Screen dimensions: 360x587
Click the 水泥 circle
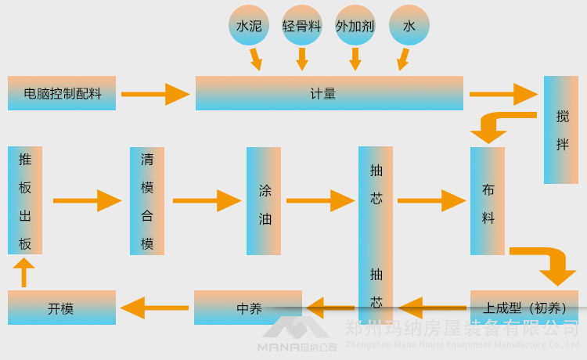point(249,26)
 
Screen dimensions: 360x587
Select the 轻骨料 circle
point(302,26)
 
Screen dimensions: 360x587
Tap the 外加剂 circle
point(355,26)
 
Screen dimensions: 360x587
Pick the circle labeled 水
point(409,26)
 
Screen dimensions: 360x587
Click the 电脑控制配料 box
point(62,93)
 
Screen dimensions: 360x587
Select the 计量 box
point(329,93)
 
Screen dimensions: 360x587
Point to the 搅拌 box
point(561,130)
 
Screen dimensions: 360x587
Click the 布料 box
point(488,201)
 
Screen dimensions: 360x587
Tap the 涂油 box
point(264,201)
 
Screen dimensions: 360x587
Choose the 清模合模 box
point(147,201)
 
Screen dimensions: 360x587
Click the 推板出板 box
point(25,200)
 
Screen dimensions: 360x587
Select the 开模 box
point(62,308)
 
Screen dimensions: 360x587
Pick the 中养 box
point(247,308)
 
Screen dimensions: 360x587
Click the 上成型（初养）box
point(524,308)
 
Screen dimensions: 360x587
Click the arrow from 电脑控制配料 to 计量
point(155,94)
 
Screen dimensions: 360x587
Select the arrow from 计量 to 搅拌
point(503,94)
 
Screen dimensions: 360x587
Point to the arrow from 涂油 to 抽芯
point(320,201)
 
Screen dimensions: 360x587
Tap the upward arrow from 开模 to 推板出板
point(24,272)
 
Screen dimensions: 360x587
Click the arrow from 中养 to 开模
point(155,308)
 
